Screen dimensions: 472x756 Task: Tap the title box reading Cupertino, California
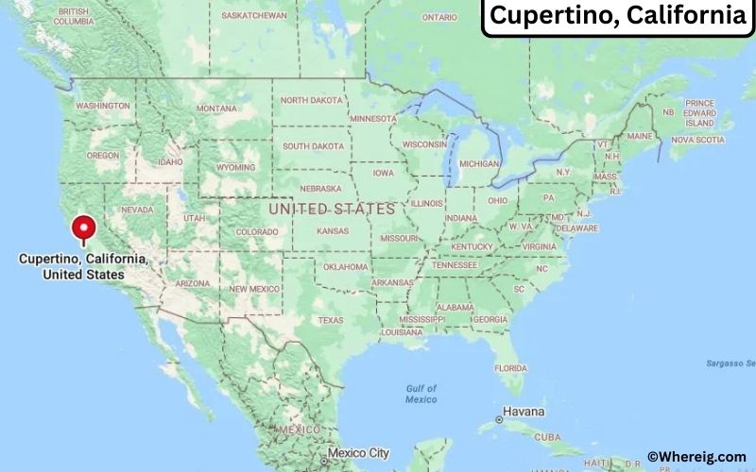coord(617,17)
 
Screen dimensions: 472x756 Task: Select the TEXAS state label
coord(331,320)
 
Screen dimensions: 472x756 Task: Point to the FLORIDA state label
coord(510,367)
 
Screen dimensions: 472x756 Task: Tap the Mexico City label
coord(358,453)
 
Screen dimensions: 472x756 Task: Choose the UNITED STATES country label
coord(332,208)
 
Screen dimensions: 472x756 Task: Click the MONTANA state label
coord(216,109)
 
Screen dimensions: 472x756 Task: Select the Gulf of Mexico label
coord(421,394)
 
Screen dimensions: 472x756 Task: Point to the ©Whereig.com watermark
coord(696,457)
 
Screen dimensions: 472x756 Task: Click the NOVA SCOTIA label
coord(697,140)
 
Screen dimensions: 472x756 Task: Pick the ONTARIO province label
coord(439,17)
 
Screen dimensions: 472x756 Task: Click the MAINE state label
coord(640,136)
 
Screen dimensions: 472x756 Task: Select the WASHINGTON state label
coord(102,106)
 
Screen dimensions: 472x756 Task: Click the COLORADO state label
coord(256,231)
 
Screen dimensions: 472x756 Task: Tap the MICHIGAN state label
coord(479,163)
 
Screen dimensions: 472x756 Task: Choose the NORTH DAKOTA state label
coord(313,100)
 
